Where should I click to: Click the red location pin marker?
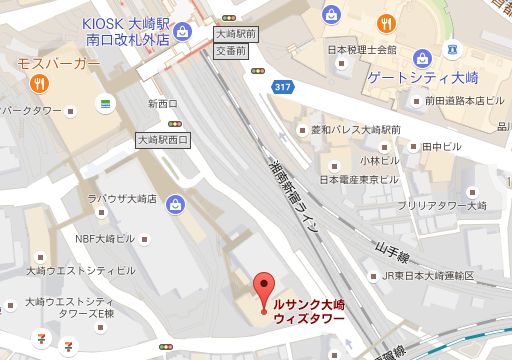264,284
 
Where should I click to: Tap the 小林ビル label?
379,159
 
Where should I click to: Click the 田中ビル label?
438,145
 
